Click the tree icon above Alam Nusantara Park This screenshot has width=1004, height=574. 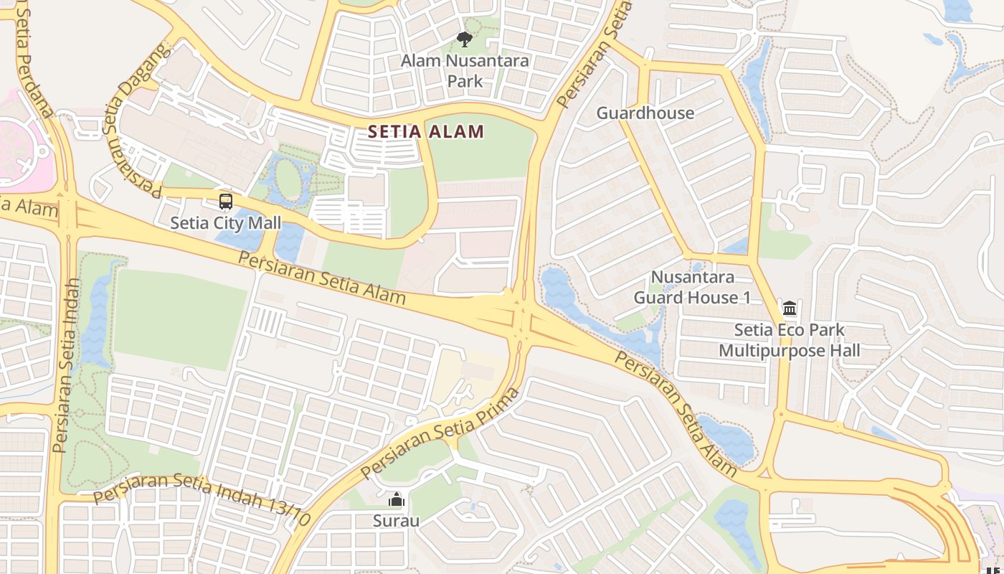465,39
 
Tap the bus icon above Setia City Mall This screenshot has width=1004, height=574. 226,202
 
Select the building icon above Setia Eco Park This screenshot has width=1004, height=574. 790,309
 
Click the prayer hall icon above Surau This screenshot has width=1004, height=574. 396,499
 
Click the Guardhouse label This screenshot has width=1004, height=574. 645,113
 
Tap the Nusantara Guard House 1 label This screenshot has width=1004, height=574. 692,287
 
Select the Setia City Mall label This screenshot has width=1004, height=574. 226,223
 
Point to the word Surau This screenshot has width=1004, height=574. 396,521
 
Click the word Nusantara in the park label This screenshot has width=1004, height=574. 487,61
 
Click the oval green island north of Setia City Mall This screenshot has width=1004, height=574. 289,180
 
